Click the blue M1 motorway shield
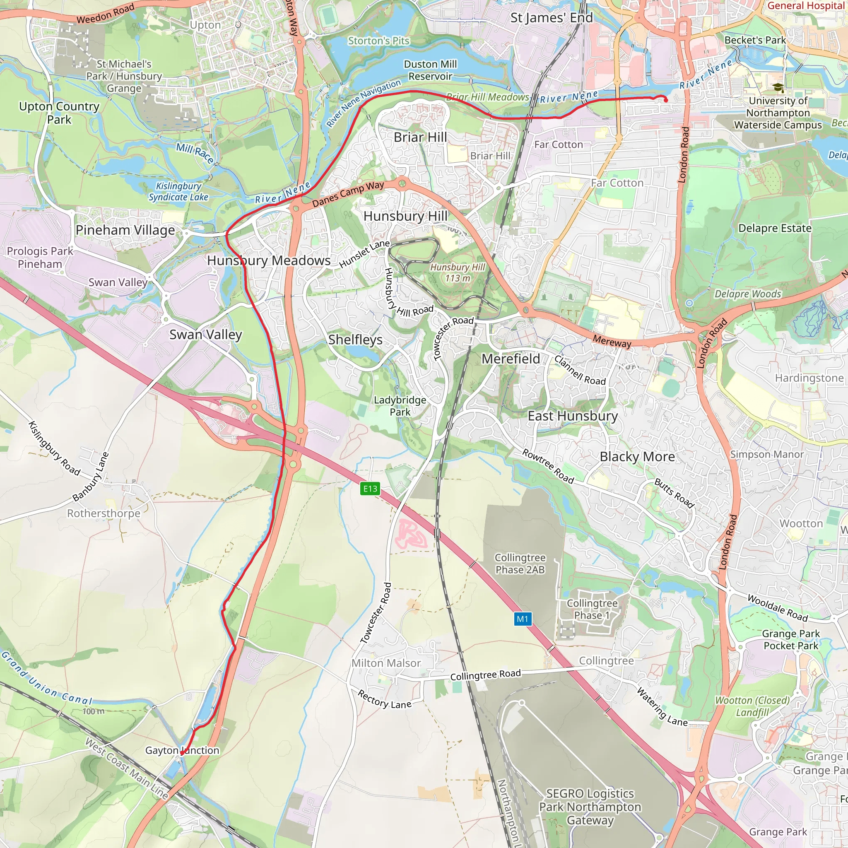click(x=522, y=619)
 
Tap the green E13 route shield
click(x=370, y=489)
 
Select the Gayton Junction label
click(x=182, y=750)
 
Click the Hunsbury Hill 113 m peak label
click(x=458, y=272)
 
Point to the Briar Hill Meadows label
click(x=488, y=97)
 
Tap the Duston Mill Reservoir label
click(x=430, y=70)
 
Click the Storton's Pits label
click(x=378, y=41)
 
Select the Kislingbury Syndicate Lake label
click(x=178, y=191)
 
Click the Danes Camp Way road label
click(x=348, y=194)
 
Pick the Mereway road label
click(x=612, y=341)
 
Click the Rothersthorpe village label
click(x=104, y=513)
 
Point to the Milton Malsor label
click(x=386, y=663)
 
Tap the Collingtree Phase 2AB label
click(x=520, y=563)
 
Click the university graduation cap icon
click(x=778, y=88)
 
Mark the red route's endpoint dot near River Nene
click(x=666, y=100)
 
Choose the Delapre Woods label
click(x=748, y=294)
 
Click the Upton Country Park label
click(x=59, y=113)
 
